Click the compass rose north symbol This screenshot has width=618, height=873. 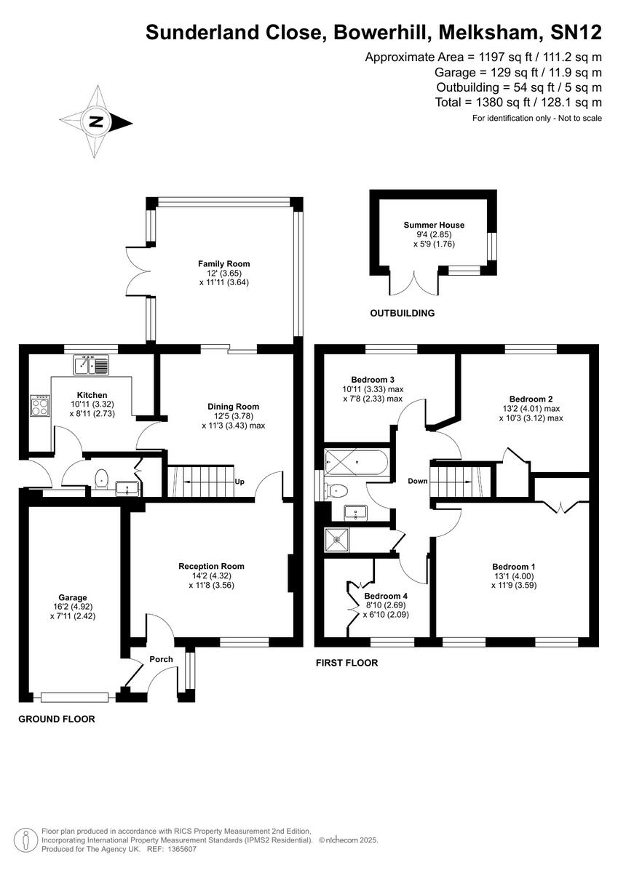click(x=95, y=122)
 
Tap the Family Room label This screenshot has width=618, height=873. click(x=223, y=264)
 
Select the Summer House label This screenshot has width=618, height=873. click(x=434, y=226)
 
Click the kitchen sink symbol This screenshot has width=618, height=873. click(x=91, y=364)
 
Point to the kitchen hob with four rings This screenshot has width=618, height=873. click(x=39, y=406)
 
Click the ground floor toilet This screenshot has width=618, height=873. click(x=102, y=478)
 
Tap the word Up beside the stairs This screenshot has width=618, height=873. click(x=239, y=482)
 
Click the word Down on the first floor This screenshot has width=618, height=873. click(x=417, y=481)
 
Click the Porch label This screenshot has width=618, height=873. click(x=161, y=660)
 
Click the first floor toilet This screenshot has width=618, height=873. click(x=337, y=491)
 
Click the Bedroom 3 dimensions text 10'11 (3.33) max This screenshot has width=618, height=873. click(x=377, y=389)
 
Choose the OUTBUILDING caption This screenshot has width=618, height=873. click(x=402, y=314)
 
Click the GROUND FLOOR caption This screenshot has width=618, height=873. click(x=57, y=719)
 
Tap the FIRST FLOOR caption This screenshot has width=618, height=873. click(x=346, y=663)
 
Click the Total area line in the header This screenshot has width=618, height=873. click(x=518, y=103)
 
